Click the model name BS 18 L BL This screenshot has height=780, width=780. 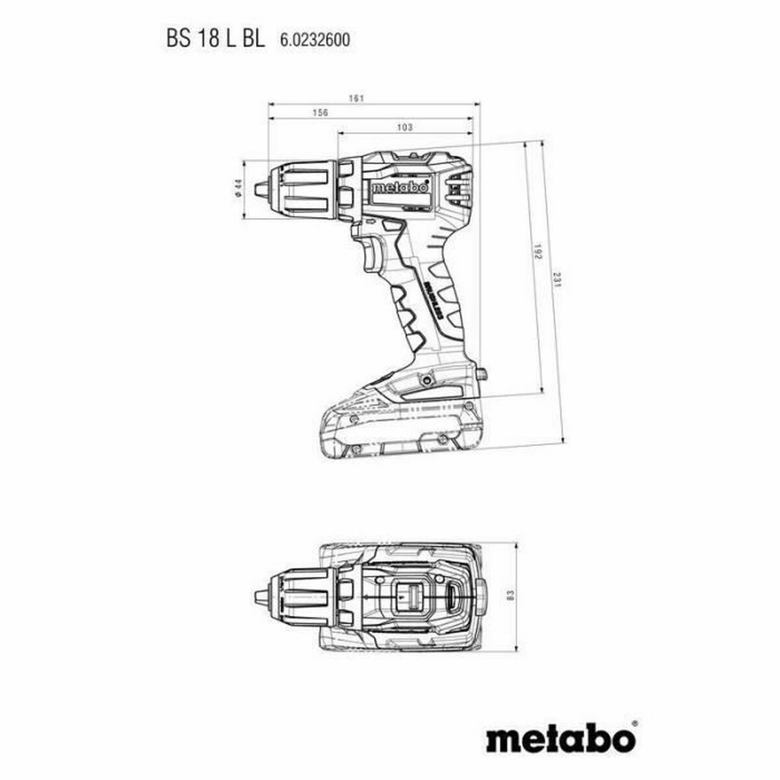(215, 40)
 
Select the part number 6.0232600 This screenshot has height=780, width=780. (315, 40)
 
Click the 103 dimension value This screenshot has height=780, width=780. (404, 128)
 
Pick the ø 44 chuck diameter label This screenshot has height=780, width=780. (239, 188)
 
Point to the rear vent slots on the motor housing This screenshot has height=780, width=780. (460, 187)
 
